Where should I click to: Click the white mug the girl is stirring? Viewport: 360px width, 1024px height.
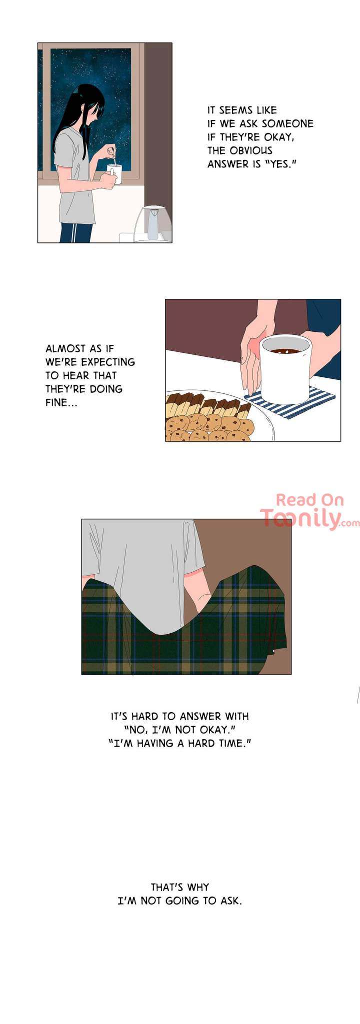[114, 176]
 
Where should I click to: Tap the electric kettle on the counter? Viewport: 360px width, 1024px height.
[152, 223]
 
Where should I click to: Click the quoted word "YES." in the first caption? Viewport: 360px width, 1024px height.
[279, 164]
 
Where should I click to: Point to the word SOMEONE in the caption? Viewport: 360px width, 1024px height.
[287, 123]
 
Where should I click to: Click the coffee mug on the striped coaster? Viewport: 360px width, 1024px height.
[284, 366]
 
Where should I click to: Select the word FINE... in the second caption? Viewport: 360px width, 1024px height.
[61, 402]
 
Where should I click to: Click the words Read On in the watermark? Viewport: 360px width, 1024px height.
[310, 500]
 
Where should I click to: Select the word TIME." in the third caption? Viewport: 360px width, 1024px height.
[234, 743]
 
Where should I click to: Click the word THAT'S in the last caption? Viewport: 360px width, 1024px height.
[166, 887]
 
